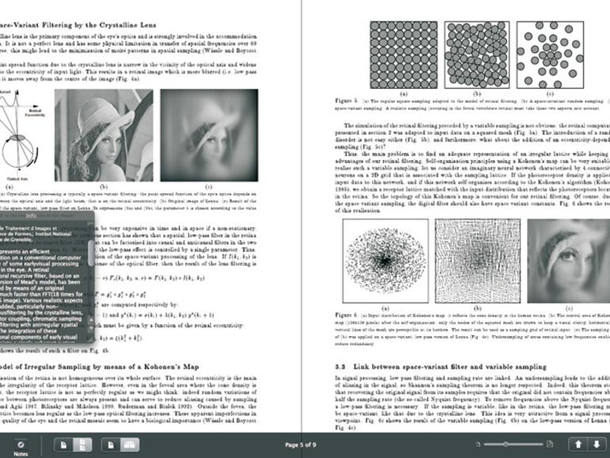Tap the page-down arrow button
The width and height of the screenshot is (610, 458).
[x=597, y=445]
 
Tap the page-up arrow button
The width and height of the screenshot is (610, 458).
[x=578, y=445]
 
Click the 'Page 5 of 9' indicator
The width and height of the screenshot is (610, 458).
[x=305, y=445]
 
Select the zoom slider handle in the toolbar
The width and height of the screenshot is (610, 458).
[x=507, y=445]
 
